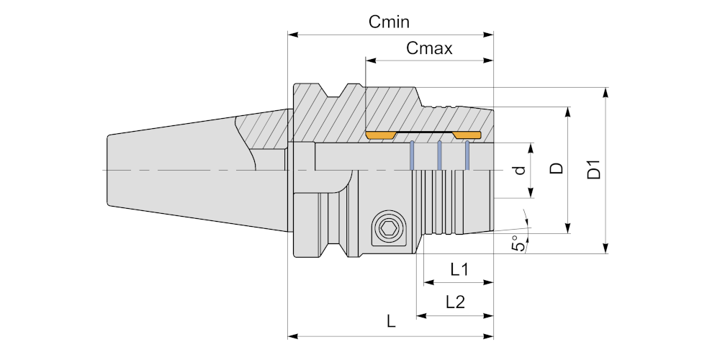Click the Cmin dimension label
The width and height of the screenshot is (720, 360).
(x=390, y=22)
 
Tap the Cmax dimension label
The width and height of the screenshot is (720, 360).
(x=429, y=49)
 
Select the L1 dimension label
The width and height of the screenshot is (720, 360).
(x=459, y=270)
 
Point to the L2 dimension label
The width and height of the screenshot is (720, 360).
(x=454, y=302)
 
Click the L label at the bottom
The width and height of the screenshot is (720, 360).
(x=391, y=322)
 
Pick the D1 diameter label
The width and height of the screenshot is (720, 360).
(x=593, y=171)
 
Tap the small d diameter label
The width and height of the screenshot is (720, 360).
(x=520, y=171)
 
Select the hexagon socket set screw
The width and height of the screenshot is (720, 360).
(x=389, y=231)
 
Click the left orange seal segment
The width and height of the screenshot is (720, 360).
(x=381, y=135)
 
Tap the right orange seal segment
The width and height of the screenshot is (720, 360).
(x=467, y=135)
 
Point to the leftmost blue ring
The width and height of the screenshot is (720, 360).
(x=412, y=156)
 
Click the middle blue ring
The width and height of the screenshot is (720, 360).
(x=439, y=156)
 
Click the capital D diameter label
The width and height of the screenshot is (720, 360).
(x=557, y=168)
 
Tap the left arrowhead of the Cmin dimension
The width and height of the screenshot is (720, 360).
(x=292, y=34)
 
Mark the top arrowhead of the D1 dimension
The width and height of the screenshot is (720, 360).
(x=606, y=91)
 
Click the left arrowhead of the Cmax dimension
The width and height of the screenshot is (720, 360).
(x=369, y=60)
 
